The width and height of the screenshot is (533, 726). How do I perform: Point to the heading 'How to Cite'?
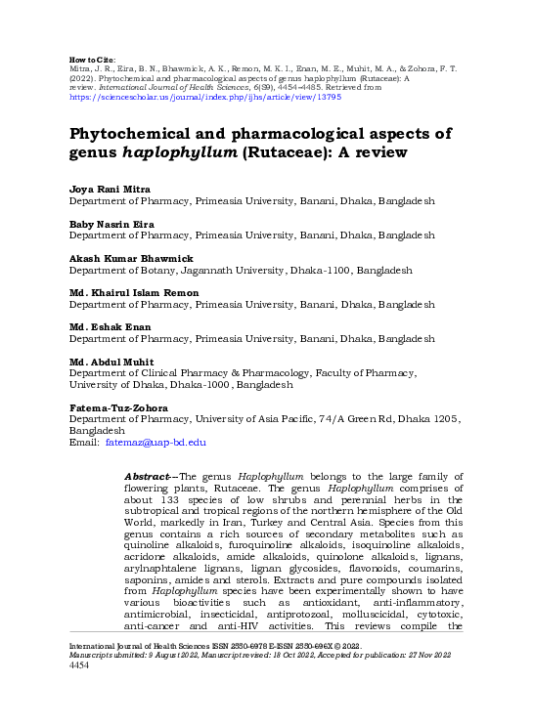point(94,60)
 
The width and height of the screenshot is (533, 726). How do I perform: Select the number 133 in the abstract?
point(186,510)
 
